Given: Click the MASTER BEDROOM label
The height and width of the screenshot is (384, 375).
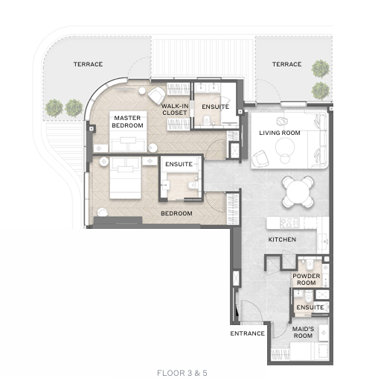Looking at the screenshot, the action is [x=127, y=122].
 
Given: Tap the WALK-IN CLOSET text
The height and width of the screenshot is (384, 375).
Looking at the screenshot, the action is [x=175, y=110].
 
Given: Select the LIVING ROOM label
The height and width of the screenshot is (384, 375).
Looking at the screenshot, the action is [x=280, y=133].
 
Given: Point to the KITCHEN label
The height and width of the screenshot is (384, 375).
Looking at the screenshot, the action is [x=282, y=239].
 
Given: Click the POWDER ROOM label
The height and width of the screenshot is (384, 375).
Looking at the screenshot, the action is [x=307, y=280].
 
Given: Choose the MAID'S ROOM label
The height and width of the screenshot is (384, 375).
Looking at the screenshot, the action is [x=303, y=333].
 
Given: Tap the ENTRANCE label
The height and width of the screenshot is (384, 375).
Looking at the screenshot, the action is [x=248, y=333].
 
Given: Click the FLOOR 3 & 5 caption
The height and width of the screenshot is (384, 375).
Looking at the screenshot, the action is [x=182, y=373].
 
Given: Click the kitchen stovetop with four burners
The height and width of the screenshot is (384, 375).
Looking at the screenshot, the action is [x=289, y=222].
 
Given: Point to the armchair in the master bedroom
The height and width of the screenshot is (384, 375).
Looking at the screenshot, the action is [x=156, y=95].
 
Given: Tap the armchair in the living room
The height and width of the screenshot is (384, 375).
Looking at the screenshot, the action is [x=260, y=159].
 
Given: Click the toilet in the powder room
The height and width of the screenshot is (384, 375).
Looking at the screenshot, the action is [x=310, y=265].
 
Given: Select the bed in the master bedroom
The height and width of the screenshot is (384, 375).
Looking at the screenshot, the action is [x=128, y=131].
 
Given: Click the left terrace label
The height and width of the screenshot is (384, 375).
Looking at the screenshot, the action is [x=88, y=64].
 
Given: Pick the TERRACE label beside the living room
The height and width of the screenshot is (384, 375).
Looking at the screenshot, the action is [x=287, y=64].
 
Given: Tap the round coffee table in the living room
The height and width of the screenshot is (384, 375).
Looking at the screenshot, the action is [x=285, y=147].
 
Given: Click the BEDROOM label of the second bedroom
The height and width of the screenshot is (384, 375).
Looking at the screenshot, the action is [x=176, y=213].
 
